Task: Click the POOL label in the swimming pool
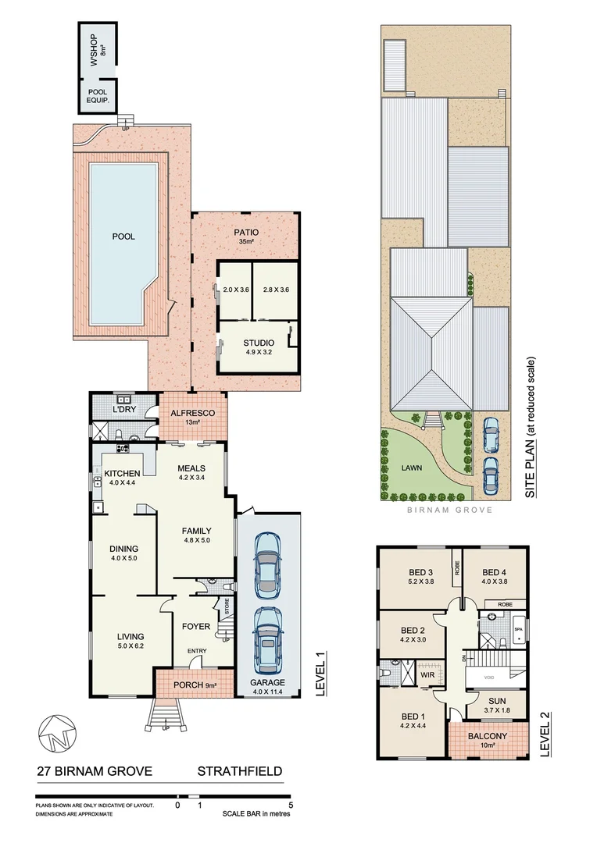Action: pyautogui.click(x=123, y=237)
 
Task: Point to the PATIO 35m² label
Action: pyautogui.click(x=245, y=237)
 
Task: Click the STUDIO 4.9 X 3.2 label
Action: pyautogui.click(x=257, y=346)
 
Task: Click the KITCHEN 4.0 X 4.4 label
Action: pyautogui.click(x=122, y=478)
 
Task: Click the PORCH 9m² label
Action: pyautogui.click(x=194, y=686)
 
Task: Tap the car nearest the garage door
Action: pyautogui.click(x=267, y=641)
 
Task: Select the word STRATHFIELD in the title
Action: pyautogui.click(x=239, y=772)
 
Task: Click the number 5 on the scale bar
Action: pyautogui.click(x=291, y=804)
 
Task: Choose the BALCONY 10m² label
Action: pyautogui.click(x=487, y=740)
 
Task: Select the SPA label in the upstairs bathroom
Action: pyautogui.click(x=518, y=628)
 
